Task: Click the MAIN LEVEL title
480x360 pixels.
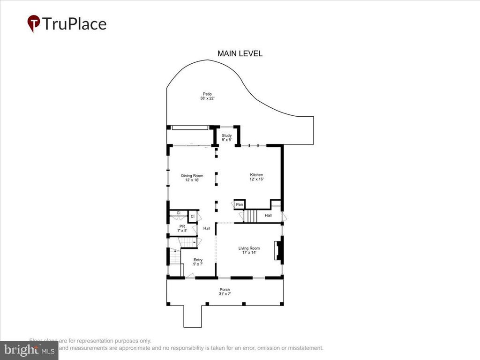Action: pos(240,53)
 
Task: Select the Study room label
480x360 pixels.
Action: pos(227,135)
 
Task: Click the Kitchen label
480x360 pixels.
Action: pos(256,175)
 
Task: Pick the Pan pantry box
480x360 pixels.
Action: pos(239,205)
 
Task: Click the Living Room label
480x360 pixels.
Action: pos(249,248)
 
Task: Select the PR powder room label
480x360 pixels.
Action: pos(182,226)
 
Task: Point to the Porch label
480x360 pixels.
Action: pos(225,290)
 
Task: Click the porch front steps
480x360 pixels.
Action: pos(192,316)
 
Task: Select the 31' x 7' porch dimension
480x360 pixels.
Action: pos(225,294)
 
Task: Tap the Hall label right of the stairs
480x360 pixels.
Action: pos(268,215)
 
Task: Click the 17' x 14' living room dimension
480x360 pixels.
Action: pos(249,253)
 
